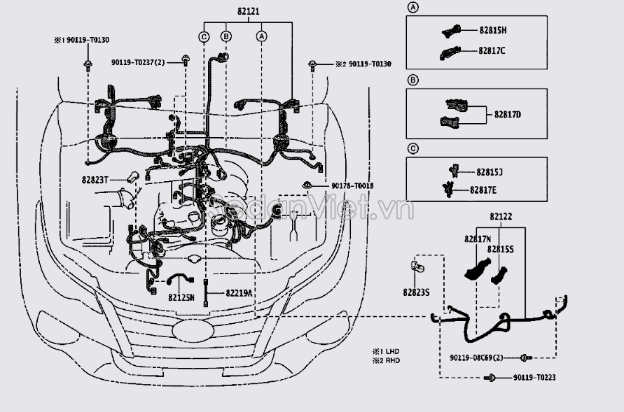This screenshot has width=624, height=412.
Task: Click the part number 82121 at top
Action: pyautogui.click(x=249, y=11)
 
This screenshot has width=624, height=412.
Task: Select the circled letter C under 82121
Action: pyautogui.click(x=204, y=36)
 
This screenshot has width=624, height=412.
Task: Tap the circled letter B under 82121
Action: pyautogui.click(x=226, y=36)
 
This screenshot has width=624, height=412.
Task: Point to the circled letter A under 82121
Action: pyautogui.click(x=261, y=36)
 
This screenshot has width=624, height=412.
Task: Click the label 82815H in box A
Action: pyautogui.click(x=492, y=30)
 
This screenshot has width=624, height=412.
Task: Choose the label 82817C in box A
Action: pyautogui.click(x=492, y=50)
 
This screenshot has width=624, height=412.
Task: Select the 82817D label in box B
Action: pyautogui.click(x=508, y=115)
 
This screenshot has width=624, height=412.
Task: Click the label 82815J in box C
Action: pyautogui.click(x=489, y=172)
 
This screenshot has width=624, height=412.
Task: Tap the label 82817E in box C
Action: pyautogui.click(x=483, y=190)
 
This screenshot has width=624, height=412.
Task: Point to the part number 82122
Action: pyautogui.click(x=501, y=217)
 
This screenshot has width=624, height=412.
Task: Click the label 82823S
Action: pyautogui.click(x=416, y=292)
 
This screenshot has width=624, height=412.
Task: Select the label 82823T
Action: pyautogui.click(x=95, y=180)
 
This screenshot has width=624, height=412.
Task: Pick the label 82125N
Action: pyautogui.click(x=181, y=297)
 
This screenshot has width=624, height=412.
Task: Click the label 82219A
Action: pyautogui.click(x=239, y=293)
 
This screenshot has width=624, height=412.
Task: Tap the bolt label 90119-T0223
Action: pyautogui.click(x=534, y=378)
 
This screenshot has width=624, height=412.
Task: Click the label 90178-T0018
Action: pyautogui.click(x=352, y=185)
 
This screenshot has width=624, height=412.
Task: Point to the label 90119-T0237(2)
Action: pyautogui.click(x=138, y=62)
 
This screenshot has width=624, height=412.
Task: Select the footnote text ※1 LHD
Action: pyautogui.click(x=386, y=351)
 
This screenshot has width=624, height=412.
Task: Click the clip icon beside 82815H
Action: pyautogui.click(x=452, y=31)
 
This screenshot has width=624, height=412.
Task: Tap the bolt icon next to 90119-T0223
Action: pyautogui.click(x=490, y=378)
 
